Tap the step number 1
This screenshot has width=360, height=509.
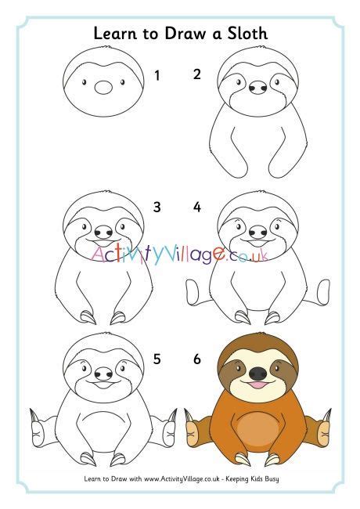[157, 76]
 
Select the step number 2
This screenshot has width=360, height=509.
[197, 74]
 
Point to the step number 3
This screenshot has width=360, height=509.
[157, 207]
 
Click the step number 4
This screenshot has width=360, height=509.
[197, 207]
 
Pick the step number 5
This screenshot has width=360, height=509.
[157, 359]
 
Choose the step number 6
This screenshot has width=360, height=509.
[197, 359]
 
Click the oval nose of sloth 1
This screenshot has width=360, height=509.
[103, 88]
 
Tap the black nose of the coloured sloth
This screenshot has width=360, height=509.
[258, 374]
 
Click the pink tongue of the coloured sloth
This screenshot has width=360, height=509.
[257, 385]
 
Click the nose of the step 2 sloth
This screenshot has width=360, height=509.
[258, 88]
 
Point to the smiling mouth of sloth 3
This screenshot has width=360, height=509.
[103, 243]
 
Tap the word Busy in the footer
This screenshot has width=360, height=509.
[272, 478]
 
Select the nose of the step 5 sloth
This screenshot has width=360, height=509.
[104, 374]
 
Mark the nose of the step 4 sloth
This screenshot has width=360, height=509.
[258, 232]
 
